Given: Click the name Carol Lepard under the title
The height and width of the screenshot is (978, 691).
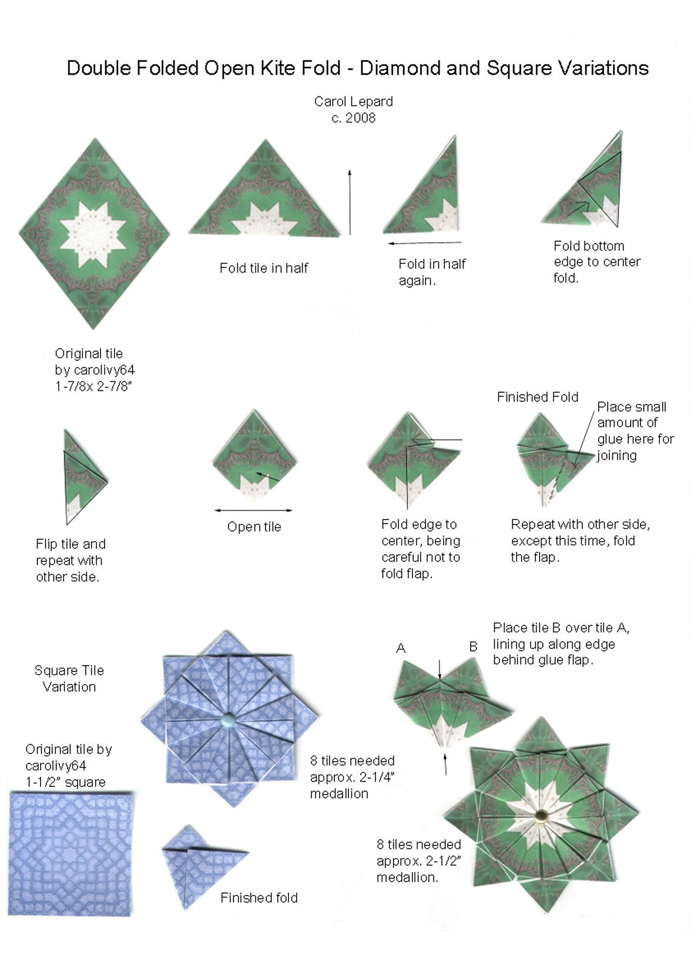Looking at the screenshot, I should (x=353, y=101).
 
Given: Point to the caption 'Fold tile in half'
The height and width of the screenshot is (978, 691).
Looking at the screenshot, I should (x=264, y=268).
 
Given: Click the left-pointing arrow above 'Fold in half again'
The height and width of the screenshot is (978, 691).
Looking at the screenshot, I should (x=424, y=242).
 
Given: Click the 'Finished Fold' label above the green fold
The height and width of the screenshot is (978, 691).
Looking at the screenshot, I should (x=537, y=397).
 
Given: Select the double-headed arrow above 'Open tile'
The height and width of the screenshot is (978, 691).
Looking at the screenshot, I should (x=253, y=510).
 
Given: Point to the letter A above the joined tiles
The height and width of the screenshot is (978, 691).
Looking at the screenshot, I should (x=401, y=648).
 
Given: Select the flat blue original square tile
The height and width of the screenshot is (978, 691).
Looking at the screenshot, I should (x=71, y=853).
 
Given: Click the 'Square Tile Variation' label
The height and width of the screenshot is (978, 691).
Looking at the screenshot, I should (x=69, y=678).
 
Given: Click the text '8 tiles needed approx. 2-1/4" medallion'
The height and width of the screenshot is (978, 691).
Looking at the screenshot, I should (x=351, y=777).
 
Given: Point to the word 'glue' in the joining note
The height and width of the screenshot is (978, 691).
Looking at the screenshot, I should (x=611, y=439).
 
